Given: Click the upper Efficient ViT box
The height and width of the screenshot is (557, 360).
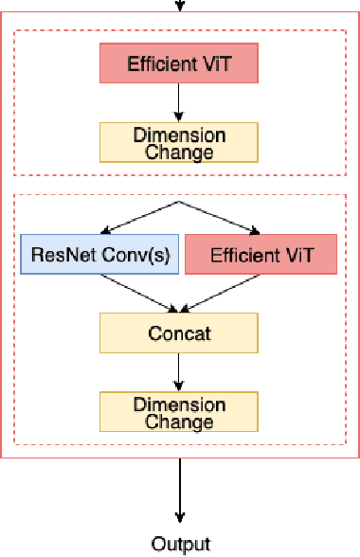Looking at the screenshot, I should [180, 64].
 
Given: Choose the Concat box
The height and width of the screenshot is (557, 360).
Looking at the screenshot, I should [179, 332].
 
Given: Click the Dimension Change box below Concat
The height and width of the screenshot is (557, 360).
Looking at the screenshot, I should [179, 412].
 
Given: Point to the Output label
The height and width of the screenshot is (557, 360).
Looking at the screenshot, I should [180, 543].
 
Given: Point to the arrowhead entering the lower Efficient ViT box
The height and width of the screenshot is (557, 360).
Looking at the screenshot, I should [253, 230].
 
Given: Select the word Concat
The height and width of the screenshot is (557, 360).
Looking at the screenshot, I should [179, 332].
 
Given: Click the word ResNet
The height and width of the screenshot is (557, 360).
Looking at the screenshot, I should [59, 254].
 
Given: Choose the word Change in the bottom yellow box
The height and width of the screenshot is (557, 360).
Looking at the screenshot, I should [179, 421].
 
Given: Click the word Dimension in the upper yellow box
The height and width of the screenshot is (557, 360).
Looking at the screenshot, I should [179, 135].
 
